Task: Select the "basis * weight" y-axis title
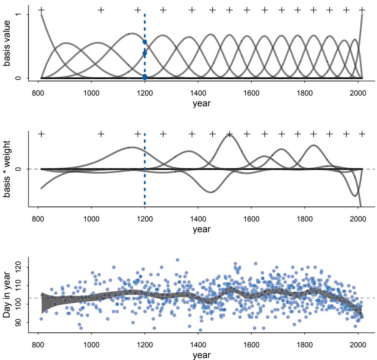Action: (7, 169)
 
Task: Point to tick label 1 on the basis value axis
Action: (17, 15)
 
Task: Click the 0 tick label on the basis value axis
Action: (17, 78)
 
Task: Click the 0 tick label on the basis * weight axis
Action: (17, 169)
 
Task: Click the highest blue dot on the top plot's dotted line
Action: (144, 42)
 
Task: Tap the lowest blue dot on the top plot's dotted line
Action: (144, 78)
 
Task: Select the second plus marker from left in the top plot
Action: (101, 9)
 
